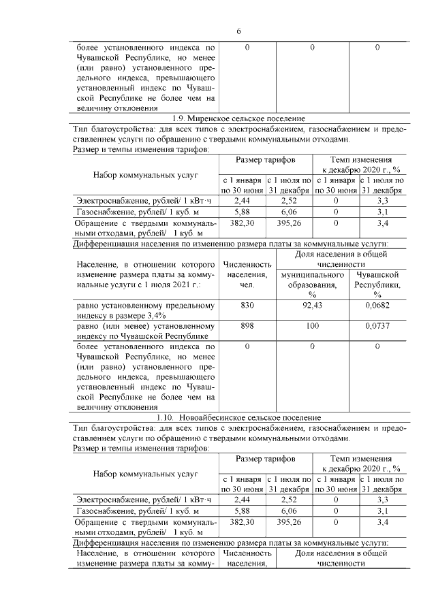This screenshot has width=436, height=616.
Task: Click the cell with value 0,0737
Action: (377, 327)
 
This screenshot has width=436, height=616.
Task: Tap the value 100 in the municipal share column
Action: (312, 327)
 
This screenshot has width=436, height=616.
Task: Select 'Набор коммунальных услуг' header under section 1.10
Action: (144, 473)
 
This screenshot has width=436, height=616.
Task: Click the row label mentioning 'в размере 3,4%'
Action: (144, 316)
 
